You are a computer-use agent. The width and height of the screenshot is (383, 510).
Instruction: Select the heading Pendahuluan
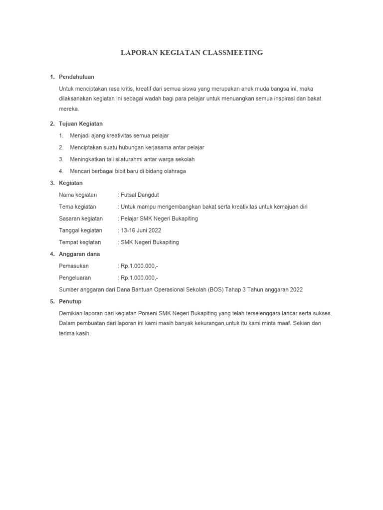point(76,77)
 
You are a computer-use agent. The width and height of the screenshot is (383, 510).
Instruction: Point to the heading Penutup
point(70,301)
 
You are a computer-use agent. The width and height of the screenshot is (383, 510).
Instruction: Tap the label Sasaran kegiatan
point(81,219)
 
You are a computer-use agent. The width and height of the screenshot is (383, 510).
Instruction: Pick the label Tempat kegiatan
point(80,243)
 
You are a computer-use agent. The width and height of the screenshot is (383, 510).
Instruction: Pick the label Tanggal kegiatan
point(80,231)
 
